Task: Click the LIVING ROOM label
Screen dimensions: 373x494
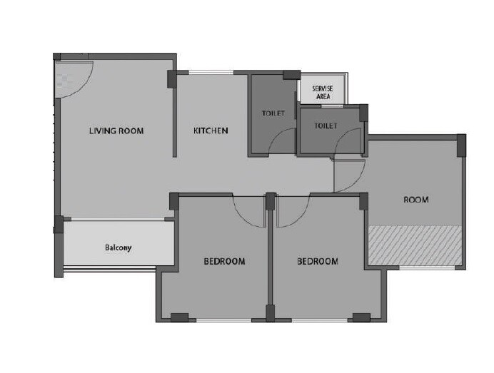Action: [x=116, y=131]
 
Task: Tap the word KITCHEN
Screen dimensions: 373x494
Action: [x=211, y=131]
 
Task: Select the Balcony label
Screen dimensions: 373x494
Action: [x=118, y=247]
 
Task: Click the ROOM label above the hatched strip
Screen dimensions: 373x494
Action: [x=415, y=200]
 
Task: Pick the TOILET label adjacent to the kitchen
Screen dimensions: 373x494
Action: [x=273, y=113]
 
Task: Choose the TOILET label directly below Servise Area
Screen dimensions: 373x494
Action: [x=326, y=126]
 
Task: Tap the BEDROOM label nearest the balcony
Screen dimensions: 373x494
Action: [x=224, y=261]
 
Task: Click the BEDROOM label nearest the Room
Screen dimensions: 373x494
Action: [x=317, y=261]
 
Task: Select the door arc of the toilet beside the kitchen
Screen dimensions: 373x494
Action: [x=283, y=141]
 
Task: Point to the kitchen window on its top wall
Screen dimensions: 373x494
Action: [x=211, y=71]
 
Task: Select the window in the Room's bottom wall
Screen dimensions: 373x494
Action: [x=426, y=267]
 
